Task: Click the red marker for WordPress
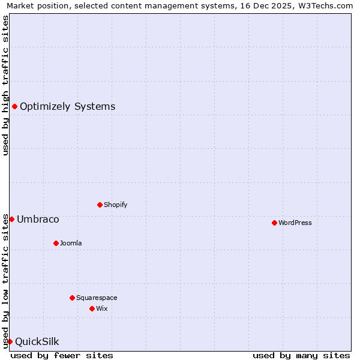pos(274,223)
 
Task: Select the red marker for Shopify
pos(100,205)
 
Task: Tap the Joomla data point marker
pos(56,243)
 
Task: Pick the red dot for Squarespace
pos(72,298)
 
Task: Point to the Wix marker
pos(92,308)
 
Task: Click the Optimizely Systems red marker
pos(14,106)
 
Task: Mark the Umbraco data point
pos(11,219)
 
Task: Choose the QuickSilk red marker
pos(10,341)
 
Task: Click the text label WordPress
pos(295,223)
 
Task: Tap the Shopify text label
pos(116,205)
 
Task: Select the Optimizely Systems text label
pos(67,106)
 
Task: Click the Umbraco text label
pos(38,219)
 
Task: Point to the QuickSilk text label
pos(37,341)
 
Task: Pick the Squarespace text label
pos(97,298)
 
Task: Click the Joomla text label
pos(71,243)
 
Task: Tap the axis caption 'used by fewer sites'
pos(62,355)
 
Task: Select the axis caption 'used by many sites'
pos(301,355)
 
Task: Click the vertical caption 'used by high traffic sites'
pos(5,85)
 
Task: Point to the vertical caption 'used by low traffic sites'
pos(5,281)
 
